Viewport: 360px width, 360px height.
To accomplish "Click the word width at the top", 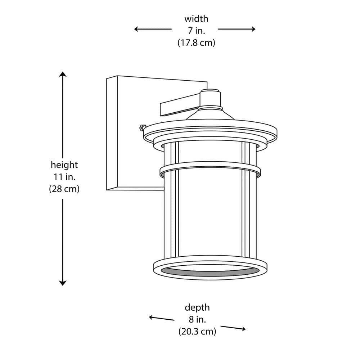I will [196, 18].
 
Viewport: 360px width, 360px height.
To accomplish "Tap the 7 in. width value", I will [196, 31].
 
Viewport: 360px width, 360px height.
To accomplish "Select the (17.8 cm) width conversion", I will [196, 43].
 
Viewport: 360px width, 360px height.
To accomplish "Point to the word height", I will [64, 165].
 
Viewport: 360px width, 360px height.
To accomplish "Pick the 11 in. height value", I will [64, 177].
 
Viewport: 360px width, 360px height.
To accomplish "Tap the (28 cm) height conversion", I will [64, 189].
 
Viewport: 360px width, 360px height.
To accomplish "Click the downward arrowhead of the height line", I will [63, 283].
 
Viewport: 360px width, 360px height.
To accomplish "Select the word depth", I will [197, 307].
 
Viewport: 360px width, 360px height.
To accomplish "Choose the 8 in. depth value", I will [197, 319].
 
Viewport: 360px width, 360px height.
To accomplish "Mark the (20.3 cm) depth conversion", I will [197, 332].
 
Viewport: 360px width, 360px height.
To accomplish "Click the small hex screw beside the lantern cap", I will [142, 127].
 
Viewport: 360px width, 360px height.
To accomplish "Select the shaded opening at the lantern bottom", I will [210, 272].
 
